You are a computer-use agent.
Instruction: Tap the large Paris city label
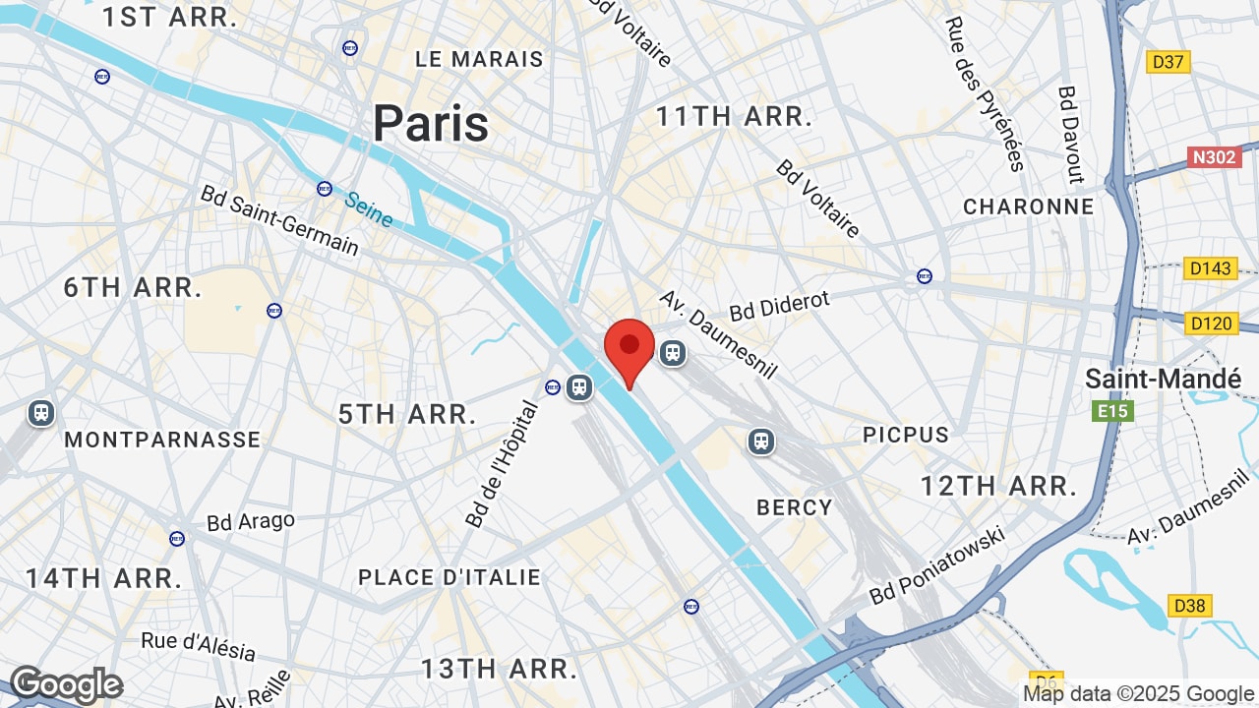[x=431, y=124]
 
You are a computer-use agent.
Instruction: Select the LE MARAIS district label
[x=479, y=59]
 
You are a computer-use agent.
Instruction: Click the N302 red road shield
[x=1214, y=156]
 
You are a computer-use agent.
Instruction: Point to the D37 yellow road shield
[x=1168, y=62]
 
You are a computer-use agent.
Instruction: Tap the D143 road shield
[x=1210, y=268]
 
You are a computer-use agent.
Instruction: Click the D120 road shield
[x=1210, y=323]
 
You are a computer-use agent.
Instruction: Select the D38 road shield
[x=1189, y=606]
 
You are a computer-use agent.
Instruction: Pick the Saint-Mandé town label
[x=1164, y=379]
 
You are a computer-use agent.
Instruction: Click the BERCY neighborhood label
[x=794, y=507]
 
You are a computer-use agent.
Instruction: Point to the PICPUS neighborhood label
[x=906, y=435]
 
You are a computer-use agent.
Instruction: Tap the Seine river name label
[x=369, y=208]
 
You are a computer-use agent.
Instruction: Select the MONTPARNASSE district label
[x=162, y=440]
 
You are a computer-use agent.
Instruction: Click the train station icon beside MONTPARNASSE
[x=41, y=412]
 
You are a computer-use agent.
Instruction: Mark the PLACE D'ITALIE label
[x=450, y=577]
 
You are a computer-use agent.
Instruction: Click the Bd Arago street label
[x=251, y=521]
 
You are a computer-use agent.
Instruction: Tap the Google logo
[x=66, y=684]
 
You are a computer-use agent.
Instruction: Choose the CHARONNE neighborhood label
[x=1028, y=206]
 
